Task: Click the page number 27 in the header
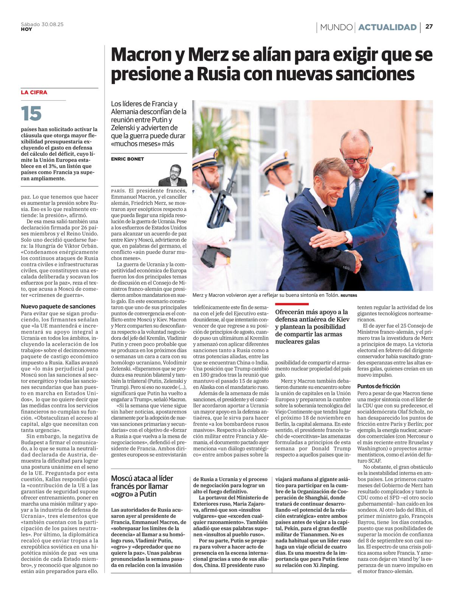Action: click(429, 27)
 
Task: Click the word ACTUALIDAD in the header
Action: click(387, 27)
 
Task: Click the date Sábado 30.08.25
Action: click(42, 24)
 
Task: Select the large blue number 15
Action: click(31, 113)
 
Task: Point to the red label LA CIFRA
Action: click(34, 92)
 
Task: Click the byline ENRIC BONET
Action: click(127, 159)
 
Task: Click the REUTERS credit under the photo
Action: click(348, 295)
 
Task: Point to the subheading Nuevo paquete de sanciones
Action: click(58, 306)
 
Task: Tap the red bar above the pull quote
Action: click(292, 304)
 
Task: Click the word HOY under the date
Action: click(26, 29)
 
